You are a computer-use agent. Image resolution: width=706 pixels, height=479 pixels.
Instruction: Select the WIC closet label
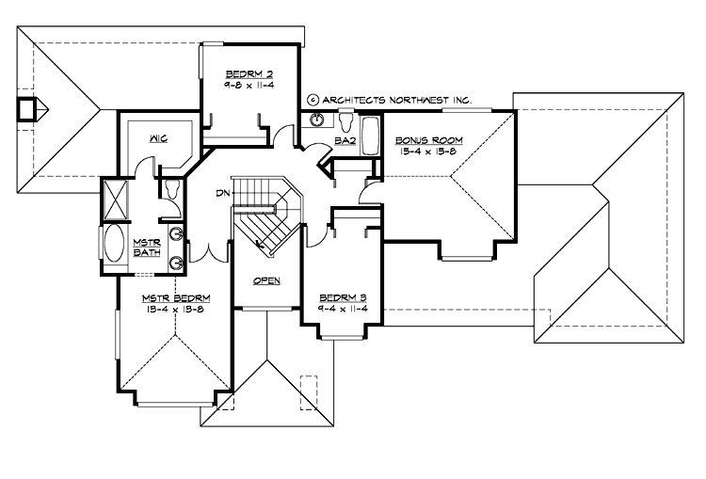coord(157,138)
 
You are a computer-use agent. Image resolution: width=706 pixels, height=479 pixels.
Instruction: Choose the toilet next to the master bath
coord(171,189)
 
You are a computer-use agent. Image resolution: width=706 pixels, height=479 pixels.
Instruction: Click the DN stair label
coord(222,193)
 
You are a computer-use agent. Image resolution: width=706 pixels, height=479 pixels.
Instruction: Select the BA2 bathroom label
coord(345,142)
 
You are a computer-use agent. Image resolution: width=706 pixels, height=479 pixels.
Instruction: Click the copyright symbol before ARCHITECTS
coord(313,99)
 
